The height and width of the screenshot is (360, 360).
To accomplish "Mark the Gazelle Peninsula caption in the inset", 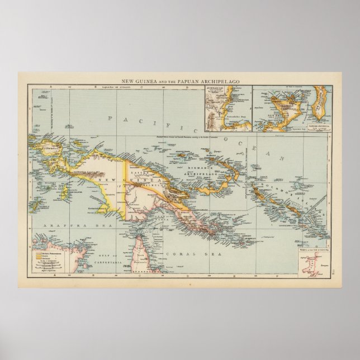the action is (x=317, y=129).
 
